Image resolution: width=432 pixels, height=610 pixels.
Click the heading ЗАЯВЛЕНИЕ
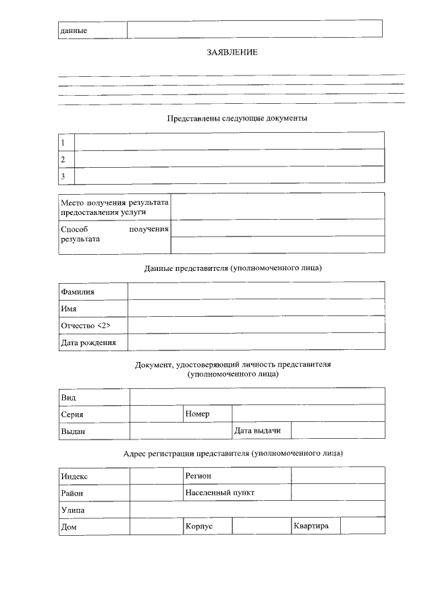(x=232, y=52)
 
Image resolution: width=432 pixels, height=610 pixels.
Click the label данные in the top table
(x=74, y=31)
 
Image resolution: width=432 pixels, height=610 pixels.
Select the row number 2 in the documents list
(x=63, y=160)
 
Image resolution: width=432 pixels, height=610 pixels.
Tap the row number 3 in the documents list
(x=63, y=177)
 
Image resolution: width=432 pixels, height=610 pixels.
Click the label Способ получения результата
(x=114, y=234)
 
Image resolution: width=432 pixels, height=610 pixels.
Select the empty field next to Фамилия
(x=256, y=291)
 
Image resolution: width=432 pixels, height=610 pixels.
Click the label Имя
(x=68, y=309)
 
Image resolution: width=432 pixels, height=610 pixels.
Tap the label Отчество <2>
(x=85, y=326)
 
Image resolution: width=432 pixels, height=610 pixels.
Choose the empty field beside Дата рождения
(x=256, y=342)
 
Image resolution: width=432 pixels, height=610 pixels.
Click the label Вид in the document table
(x=68, y=397)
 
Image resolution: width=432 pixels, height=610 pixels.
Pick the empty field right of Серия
(x=155, y=414)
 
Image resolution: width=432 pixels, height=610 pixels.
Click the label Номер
(x=197, y=413)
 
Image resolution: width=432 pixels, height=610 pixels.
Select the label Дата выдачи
(x=257, y=430)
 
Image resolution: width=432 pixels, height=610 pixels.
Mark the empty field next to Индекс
(x=155, y=476)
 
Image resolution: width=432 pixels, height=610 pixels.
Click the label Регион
(x=198, y=476)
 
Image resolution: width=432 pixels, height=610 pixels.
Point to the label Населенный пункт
(x=220, y=493)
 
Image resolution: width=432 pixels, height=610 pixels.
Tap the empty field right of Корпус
(x=261, y=526)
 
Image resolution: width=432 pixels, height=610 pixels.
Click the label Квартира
(x=311, y=526)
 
